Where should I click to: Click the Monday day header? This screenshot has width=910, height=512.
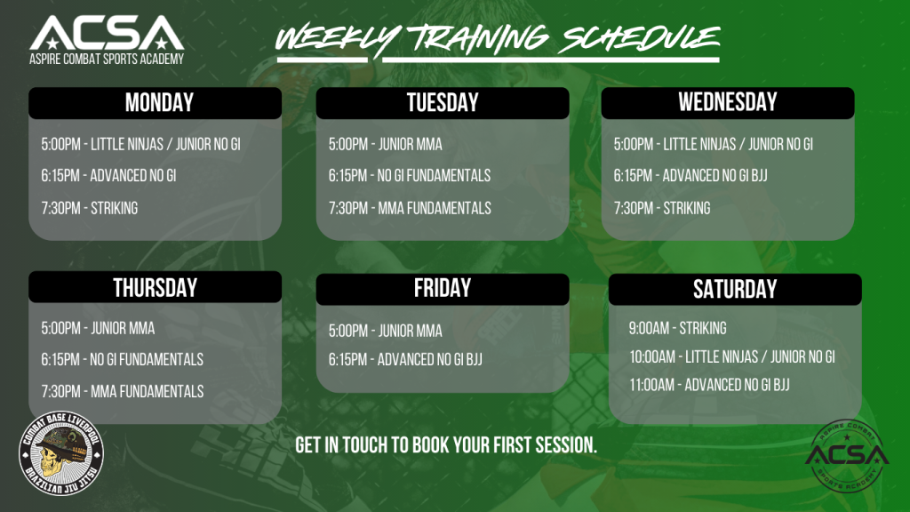(x=155, y=103)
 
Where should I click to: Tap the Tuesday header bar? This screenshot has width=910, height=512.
(x=443, y=103)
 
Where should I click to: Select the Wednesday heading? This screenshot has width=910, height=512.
(x=728, y=103)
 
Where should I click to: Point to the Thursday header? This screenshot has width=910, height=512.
(x=155, y=287)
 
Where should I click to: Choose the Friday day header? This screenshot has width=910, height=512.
(x=443, y=289)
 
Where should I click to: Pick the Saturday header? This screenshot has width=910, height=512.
(x=735, y=289)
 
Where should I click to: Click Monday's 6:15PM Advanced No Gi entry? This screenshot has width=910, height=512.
(x=108, y=176)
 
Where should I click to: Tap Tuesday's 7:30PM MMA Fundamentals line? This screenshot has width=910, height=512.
(x=410, y=208)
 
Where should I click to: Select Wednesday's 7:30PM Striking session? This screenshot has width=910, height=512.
(x=662, y=208)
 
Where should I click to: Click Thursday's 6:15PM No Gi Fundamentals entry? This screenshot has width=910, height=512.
(x=122, y=360)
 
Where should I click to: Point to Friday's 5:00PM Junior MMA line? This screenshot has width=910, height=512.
(x=386, y=331)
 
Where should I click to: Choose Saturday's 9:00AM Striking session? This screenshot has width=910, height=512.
(x=678, y=329)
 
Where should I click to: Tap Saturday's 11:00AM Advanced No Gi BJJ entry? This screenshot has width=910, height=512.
(x=710, y=385)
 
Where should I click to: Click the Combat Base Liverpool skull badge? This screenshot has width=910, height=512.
(x=61, y=453)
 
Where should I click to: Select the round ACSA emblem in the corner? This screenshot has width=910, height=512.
(x=847, y=456)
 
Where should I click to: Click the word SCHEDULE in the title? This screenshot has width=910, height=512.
(x=642, y=38)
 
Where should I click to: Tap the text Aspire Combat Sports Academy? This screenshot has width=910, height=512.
(x=107, y=59)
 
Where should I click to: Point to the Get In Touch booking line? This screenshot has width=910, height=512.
(x=446, y=445)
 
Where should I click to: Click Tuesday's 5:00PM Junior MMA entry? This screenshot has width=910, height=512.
(x=386, y=145)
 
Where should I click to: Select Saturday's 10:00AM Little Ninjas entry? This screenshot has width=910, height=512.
(x=732, y=357)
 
